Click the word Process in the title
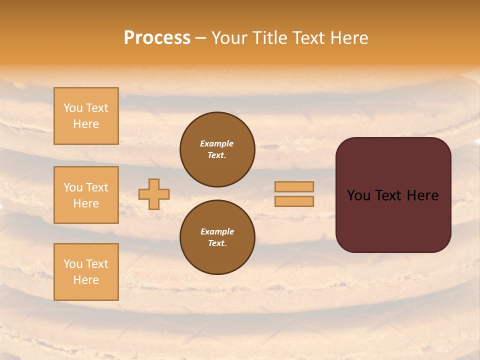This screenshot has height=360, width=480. pyautogui.click(x=157, y=38)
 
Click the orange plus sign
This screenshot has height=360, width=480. pyautogui.click(x=154, y=194)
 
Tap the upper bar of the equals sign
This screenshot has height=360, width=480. pyautogui.click(x=294, y=186)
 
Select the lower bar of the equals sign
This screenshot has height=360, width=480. pyautogui.click(x=294, y=201)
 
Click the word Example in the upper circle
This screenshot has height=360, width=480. pyautogui.click(x=217, y=143)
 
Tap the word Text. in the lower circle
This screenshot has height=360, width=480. pyautogui.click(x=217, y=243)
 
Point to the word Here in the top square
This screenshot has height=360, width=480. pyautogui.click(x=86, y=124)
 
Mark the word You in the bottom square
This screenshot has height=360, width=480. pyautogui.click(x=72, y=264)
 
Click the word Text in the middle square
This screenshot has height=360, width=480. pyautogui.click(x=97, y=187)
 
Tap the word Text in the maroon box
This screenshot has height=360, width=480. pyautogui.click(x=385, y=195)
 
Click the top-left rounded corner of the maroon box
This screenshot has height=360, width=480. pyautogui.click(x=342, y=143)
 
